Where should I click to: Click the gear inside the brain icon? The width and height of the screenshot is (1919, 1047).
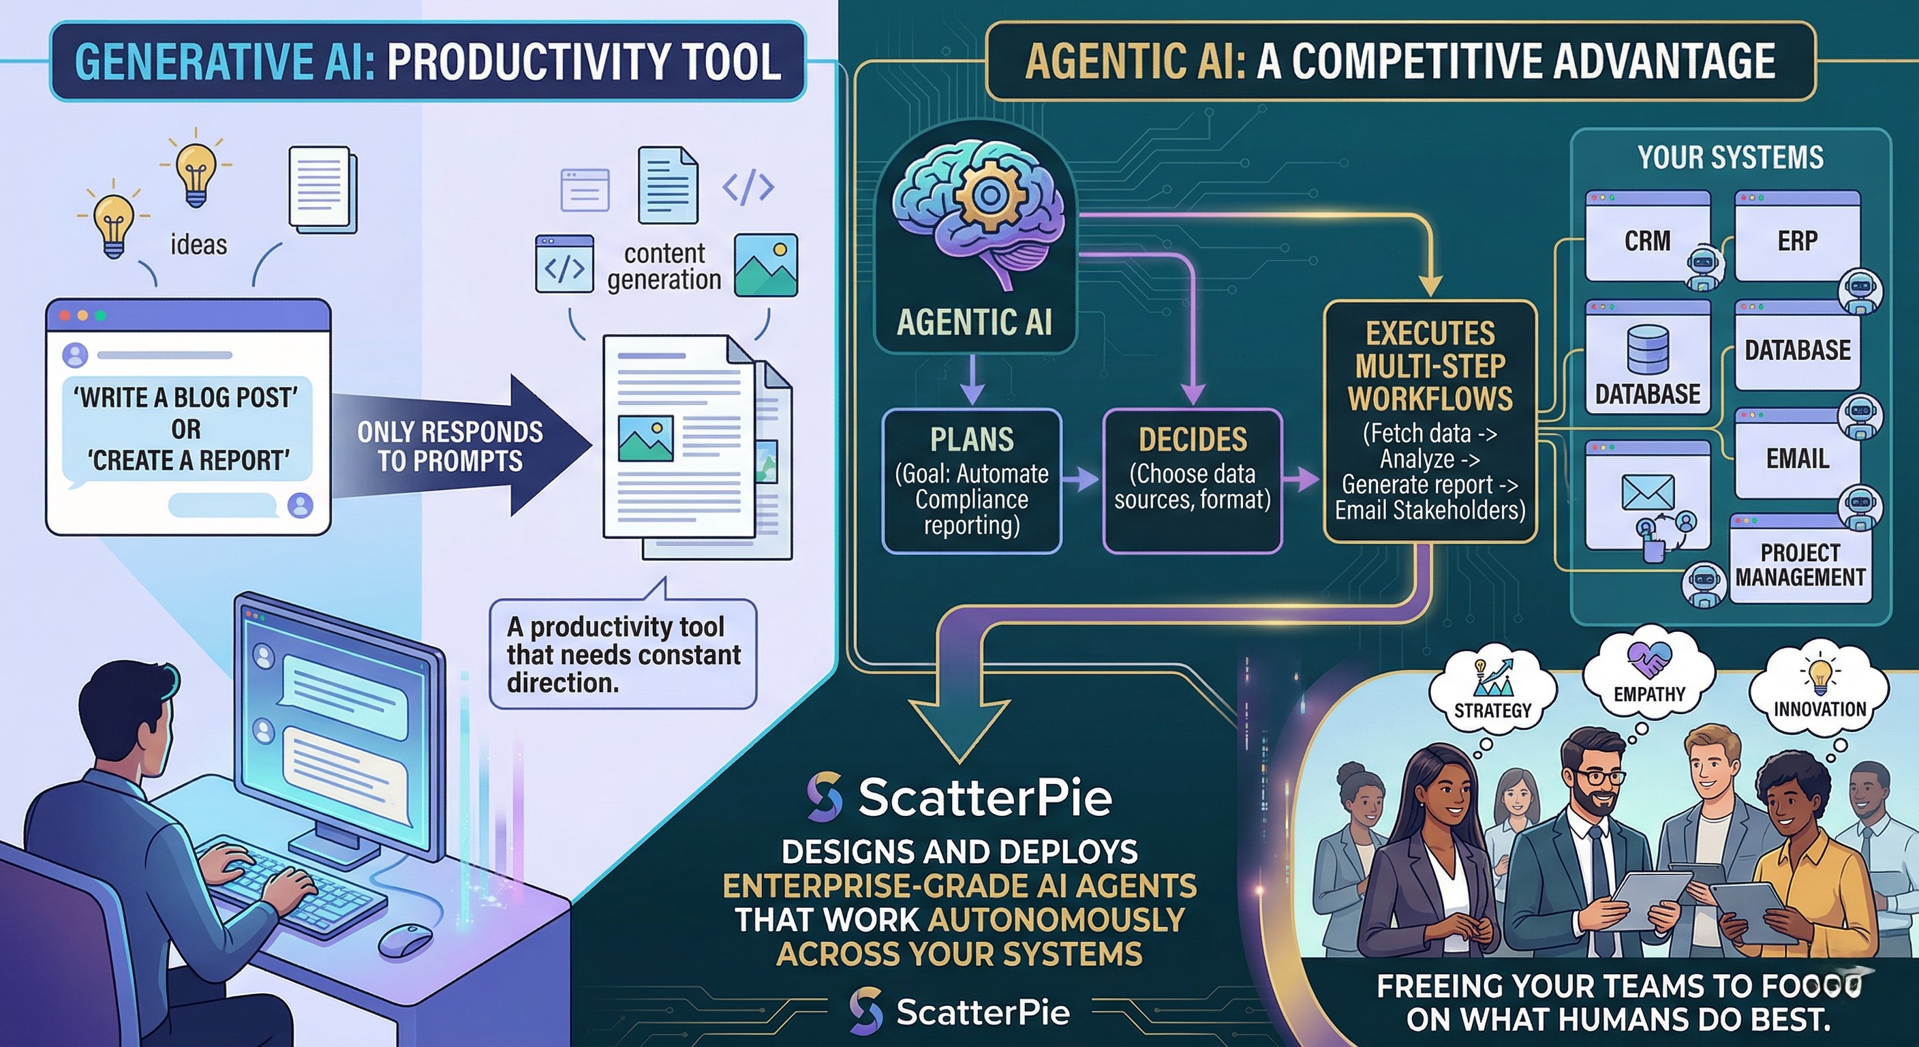(990, 195)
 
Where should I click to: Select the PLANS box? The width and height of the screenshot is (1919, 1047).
(971, 480)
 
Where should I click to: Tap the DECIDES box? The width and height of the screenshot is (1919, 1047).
(1192, 480)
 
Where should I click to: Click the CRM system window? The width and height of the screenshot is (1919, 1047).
(1647, 240)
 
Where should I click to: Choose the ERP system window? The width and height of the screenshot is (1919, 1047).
(1797, 240)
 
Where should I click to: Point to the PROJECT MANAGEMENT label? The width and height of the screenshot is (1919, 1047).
(1800, 564)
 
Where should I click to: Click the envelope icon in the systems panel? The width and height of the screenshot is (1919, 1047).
(1647, 492)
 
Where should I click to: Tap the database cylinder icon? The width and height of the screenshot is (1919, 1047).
(1647, 349)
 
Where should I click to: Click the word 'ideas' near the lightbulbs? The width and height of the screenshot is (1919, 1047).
(198, 245)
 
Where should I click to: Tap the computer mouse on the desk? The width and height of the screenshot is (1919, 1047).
(405, 941)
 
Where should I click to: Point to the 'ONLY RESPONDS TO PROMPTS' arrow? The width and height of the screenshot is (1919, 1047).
(462, 446)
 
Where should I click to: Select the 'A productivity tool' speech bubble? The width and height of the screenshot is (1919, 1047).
(623, 654)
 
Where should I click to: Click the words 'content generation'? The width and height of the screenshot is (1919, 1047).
(664, 266)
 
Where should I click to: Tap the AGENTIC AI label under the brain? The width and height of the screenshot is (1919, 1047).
(974, 322)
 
